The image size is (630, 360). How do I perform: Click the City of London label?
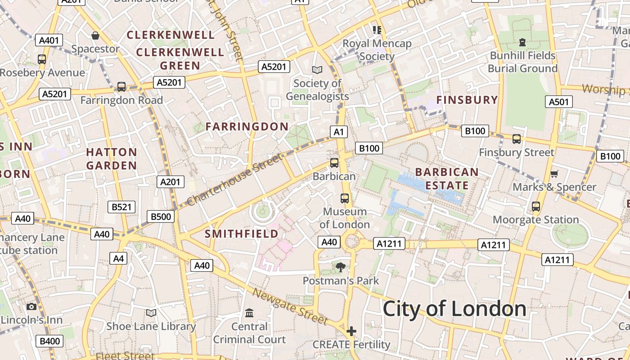click(454, 309)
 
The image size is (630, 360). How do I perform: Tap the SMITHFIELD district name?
click(242, 234)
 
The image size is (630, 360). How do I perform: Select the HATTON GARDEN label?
click(112, 159)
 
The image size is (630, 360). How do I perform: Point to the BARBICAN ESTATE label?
click(447, 179)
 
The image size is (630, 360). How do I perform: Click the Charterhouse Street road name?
click(234, 179)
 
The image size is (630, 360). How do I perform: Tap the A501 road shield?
click(559, 102)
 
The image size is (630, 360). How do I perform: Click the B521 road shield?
click(121, 207)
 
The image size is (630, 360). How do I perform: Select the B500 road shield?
click(161, 217)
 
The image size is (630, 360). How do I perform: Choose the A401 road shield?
click(49, 40)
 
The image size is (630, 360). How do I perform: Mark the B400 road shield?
click(49, 341)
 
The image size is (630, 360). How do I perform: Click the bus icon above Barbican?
click(334, 163)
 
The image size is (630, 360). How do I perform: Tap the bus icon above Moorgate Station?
click(535, 207)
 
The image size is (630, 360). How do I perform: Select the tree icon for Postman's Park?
click(341, 267)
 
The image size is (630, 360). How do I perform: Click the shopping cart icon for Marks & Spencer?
click(554, 174)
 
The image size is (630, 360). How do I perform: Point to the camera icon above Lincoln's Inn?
click(31, 307)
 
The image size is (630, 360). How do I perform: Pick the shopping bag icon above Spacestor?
click(95, 36)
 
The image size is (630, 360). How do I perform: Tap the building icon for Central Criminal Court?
click(249, 312)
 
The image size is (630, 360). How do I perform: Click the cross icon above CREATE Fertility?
click(351, 331)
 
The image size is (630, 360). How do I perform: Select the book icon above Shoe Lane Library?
click(151, 313)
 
